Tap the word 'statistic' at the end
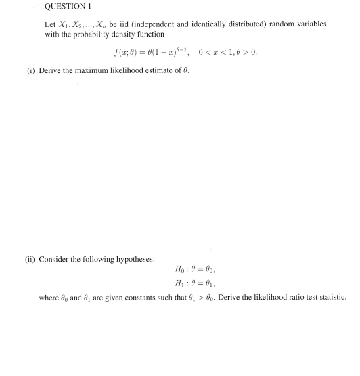(x=330, y=297)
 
